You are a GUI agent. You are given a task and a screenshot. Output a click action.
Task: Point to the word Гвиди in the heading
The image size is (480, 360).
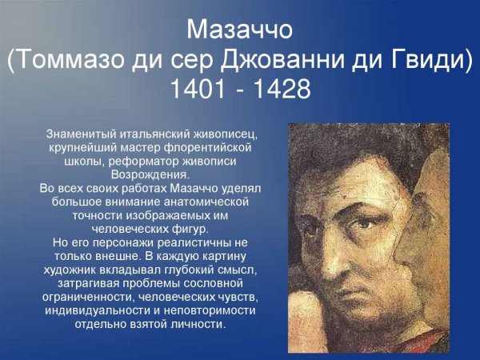(429, 61)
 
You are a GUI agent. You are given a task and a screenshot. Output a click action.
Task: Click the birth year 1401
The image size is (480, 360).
(200, 90)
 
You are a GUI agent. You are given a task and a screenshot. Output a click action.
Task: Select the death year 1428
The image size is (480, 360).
(280, 90)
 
